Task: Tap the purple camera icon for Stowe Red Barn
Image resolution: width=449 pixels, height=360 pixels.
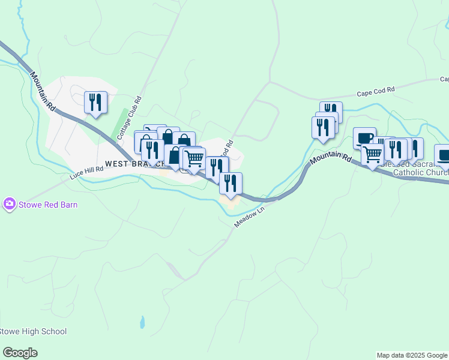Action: tap(9, 205)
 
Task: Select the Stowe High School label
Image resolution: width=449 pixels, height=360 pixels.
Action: tap(32, 331)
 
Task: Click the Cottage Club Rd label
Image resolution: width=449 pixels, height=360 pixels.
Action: tap(130, 118)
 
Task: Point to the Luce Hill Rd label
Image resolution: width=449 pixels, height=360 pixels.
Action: tap(86, 172)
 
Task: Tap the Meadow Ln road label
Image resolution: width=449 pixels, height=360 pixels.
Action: tap(249, 217)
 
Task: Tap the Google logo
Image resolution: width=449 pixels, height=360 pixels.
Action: tap(20, 353)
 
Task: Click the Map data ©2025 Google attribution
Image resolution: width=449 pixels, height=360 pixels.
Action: tap(412, 355)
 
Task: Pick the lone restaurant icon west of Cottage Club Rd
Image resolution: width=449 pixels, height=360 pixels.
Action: tap(95, 103)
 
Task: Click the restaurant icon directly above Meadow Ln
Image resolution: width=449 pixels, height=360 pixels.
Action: tap(231, 183)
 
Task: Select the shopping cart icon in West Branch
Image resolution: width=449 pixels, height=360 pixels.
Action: tap(194, 159)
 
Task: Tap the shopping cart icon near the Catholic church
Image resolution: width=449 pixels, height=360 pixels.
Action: tap(373, 155)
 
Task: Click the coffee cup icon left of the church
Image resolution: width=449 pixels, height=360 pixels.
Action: tap(364, 139)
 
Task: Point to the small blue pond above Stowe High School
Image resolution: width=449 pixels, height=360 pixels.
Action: tap(142, 322)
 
